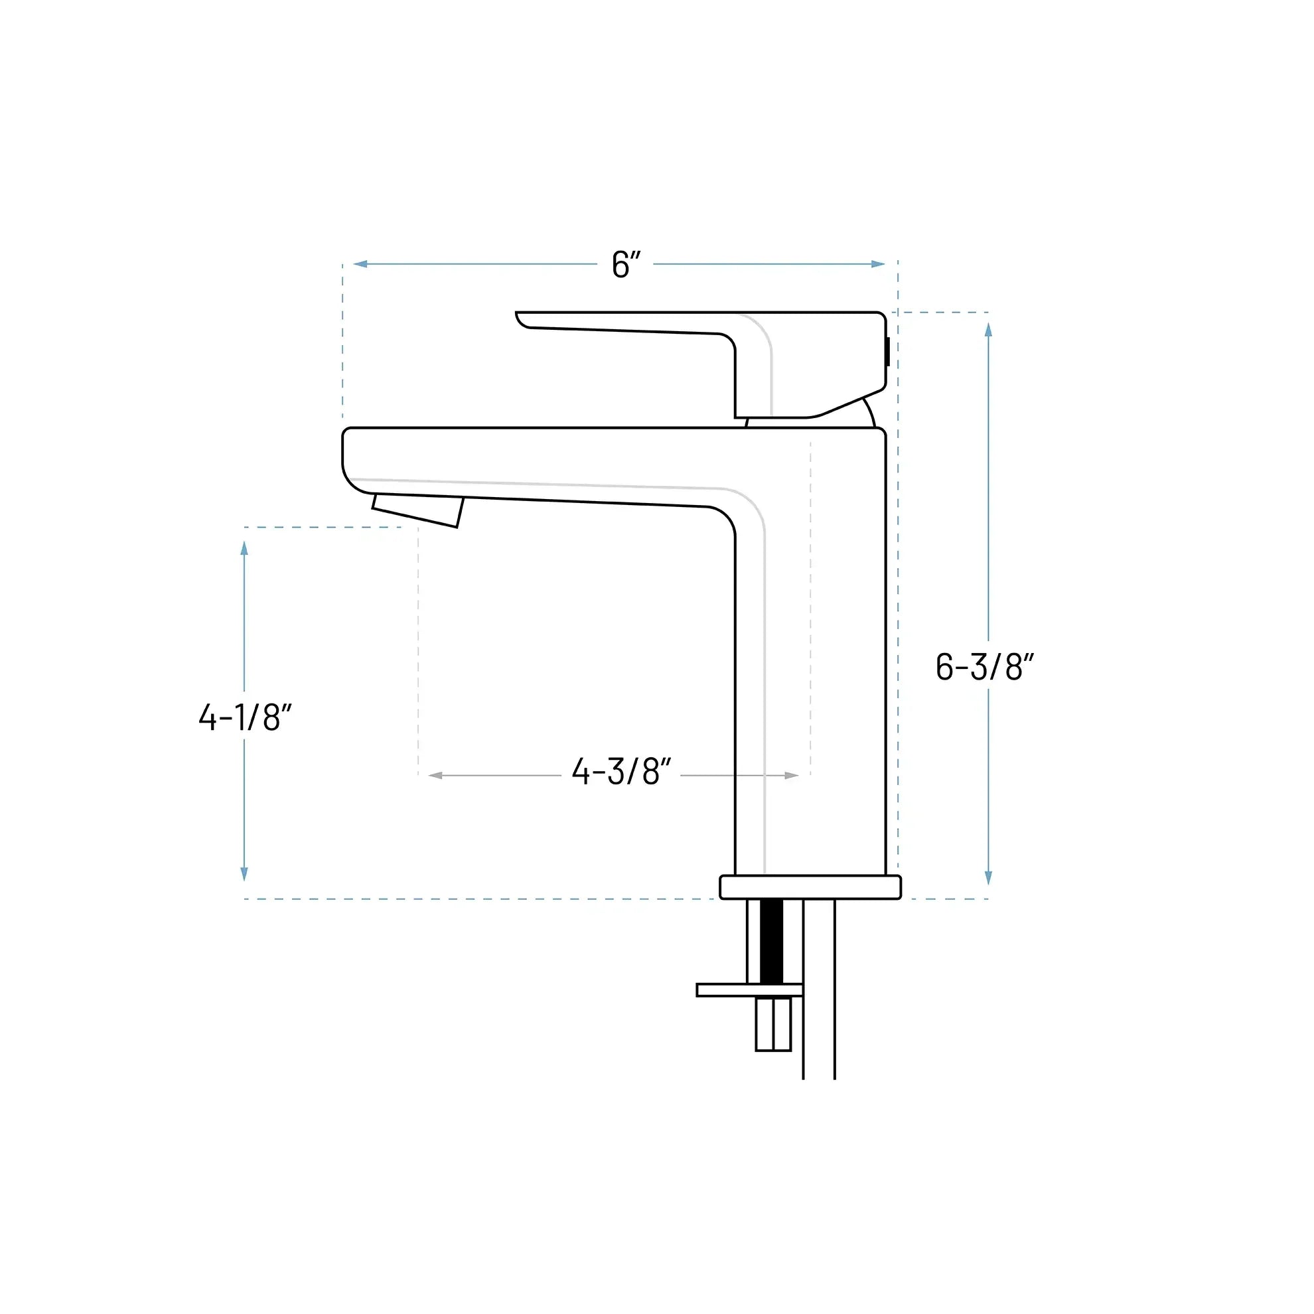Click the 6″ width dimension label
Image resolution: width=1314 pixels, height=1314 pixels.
tap(626, 265)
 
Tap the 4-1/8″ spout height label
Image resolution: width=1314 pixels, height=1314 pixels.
tap(245, 717)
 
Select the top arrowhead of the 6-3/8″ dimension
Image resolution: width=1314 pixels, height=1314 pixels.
tap(988, 330)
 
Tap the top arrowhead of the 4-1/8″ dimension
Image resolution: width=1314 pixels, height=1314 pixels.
tap(244, 548)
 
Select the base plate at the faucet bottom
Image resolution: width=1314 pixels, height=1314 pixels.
tap(810, 887)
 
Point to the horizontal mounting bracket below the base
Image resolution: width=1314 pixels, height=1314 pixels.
tap(748, 990)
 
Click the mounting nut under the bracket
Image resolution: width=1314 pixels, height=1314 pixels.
tap(773, 1024)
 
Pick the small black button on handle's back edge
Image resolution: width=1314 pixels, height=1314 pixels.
tap(887, 352)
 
